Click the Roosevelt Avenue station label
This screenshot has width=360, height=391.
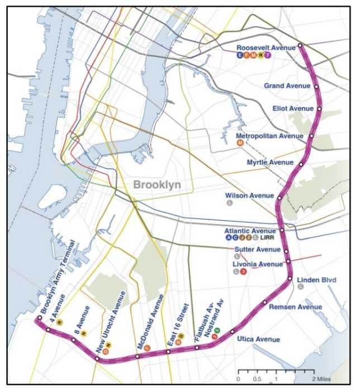point(266,48)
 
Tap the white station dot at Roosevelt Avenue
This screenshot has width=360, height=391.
point(300,45)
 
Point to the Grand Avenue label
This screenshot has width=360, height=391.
point(287,86)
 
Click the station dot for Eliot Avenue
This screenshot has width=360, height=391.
point(319,108)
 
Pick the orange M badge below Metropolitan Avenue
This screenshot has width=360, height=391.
point(240,143)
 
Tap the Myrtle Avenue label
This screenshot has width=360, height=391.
point(270,163)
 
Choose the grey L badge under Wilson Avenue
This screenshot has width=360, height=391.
point(229,203)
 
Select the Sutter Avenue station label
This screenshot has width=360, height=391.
point(257,249)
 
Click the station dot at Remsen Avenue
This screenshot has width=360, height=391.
point(265,303)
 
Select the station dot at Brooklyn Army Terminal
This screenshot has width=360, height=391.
point(39,318)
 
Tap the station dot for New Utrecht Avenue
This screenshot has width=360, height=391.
point(98,359)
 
